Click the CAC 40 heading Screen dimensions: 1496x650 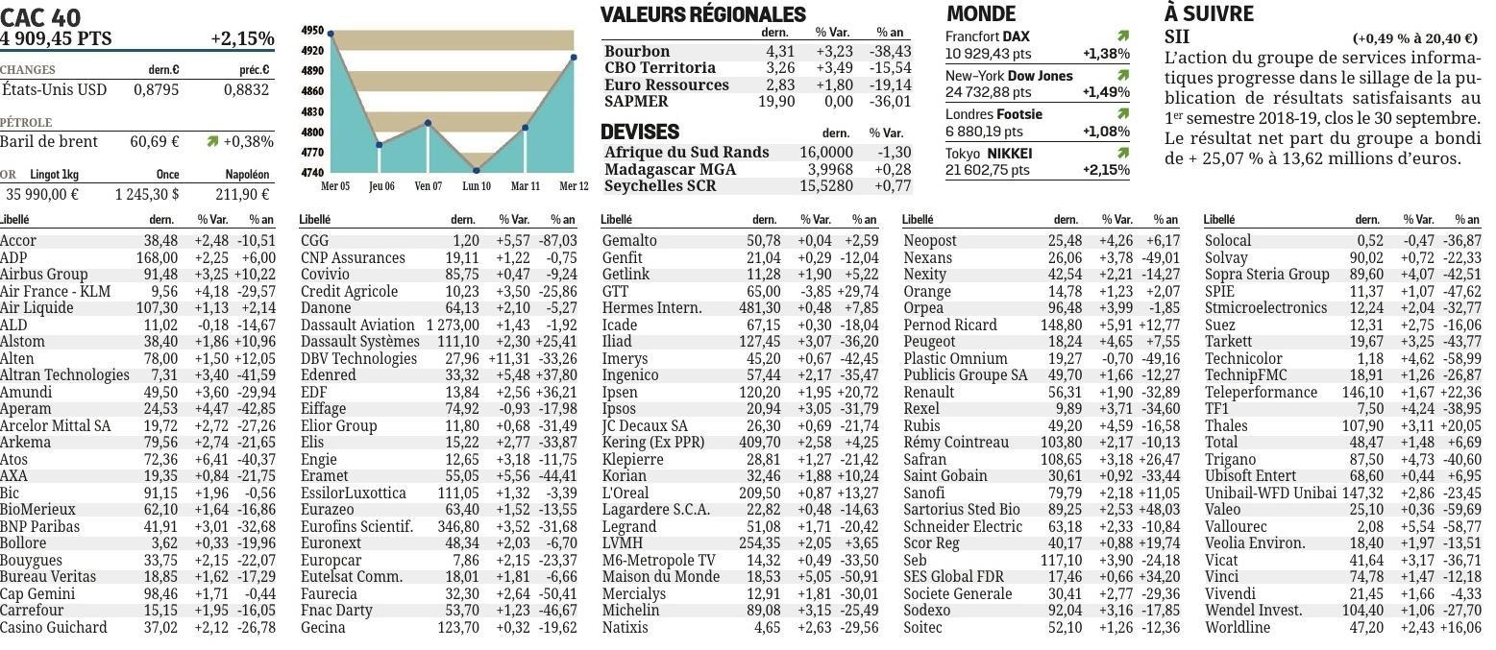point(40,16)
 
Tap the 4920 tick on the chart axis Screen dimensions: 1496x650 point(312,50)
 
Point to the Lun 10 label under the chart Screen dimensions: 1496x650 point(477,186)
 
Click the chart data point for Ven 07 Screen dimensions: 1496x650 point(429,123)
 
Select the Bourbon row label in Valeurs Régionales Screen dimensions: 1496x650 point(636,52)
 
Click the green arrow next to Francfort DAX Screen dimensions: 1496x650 point(1122,36)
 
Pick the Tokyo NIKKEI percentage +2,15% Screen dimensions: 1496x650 point(1106,170)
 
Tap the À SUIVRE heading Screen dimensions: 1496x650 point(1209,13)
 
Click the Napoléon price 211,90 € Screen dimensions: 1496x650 point(242,194)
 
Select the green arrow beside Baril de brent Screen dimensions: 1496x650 point(213,141)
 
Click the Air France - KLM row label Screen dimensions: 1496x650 point(56,291)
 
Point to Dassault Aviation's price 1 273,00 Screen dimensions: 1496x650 point(453,325)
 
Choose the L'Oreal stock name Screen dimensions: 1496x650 point(625,493)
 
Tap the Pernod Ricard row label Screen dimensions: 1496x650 point(949,325)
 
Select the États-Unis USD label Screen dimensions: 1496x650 point(54,89)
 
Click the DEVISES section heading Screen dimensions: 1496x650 point(640,132)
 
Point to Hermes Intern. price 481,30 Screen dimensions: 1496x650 point(759,307)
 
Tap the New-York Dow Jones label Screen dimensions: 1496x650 point(1009,76)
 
